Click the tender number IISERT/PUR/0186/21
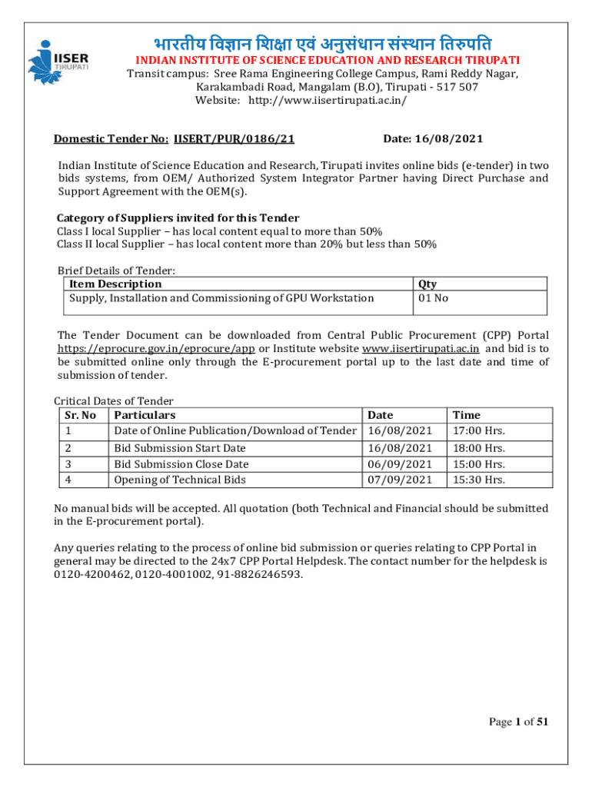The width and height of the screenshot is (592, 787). (x=234, y=139)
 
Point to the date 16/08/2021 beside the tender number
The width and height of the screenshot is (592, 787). (x=454, y=139)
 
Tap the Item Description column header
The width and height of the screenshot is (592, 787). (x=115, y=284)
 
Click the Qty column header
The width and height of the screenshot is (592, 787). (x=427, y=284)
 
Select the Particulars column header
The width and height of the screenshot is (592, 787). (x=145, y=415)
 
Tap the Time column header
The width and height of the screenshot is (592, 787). (x=467, y=415)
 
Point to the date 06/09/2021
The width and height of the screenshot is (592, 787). (x=400, y=464)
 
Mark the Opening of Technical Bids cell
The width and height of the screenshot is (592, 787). (x=180, y=480)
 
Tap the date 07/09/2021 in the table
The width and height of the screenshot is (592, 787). (x=400, y=480)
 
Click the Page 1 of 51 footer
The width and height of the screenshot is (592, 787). (x=518, y=721)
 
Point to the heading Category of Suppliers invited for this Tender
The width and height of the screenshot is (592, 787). (x=178, y=218)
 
